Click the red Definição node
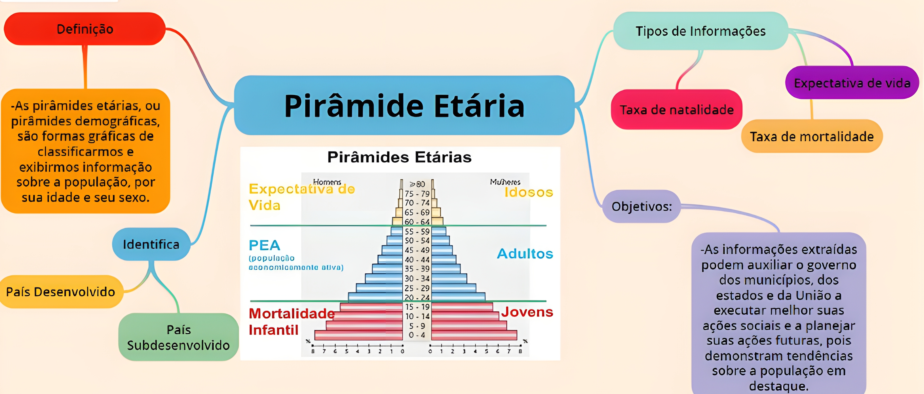pos(85,29)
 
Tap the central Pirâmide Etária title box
pos(404,105)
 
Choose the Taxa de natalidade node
pos(676,110)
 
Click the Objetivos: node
pos(641,206)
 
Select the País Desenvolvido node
pos(61,292)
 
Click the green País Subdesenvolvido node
pos(178,337)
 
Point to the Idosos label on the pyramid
pos(528,193)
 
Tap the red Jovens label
pos(527,312)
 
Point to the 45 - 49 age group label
pos(417,250)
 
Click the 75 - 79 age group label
pos(417,194)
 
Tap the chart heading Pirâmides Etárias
pos(399,157)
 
